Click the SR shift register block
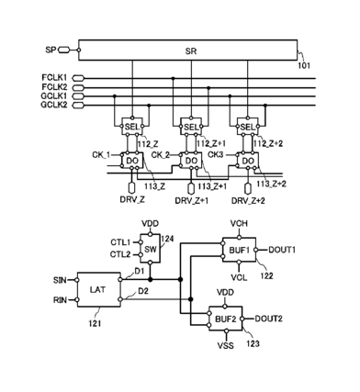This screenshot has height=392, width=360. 187,50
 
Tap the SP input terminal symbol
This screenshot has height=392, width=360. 63,50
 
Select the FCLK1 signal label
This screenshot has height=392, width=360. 54,78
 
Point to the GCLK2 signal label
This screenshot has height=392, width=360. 54,105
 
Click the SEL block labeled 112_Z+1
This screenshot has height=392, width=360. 191,126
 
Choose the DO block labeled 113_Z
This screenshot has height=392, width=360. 132,161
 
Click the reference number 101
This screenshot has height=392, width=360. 304,65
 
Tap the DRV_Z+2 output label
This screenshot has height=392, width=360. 248,201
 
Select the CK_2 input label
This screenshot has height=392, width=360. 161,155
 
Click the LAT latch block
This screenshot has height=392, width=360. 98,289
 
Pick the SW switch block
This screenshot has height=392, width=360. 151,249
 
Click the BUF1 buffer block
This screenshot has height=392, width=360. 239,250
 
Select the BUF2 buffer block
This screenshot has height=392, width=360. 226,319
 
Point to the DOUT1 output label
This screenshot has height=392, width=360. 282,250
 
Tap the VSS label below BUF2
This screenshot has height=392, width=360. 226,346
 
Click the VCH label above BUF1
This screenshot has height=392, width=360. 239,224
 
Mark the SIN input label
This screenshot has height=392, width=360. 60,280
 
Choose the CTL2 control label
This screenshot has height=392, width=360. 120,254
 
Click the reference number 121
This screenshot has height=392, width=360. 95,323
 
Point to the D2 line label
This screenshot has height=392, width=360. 143,291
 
